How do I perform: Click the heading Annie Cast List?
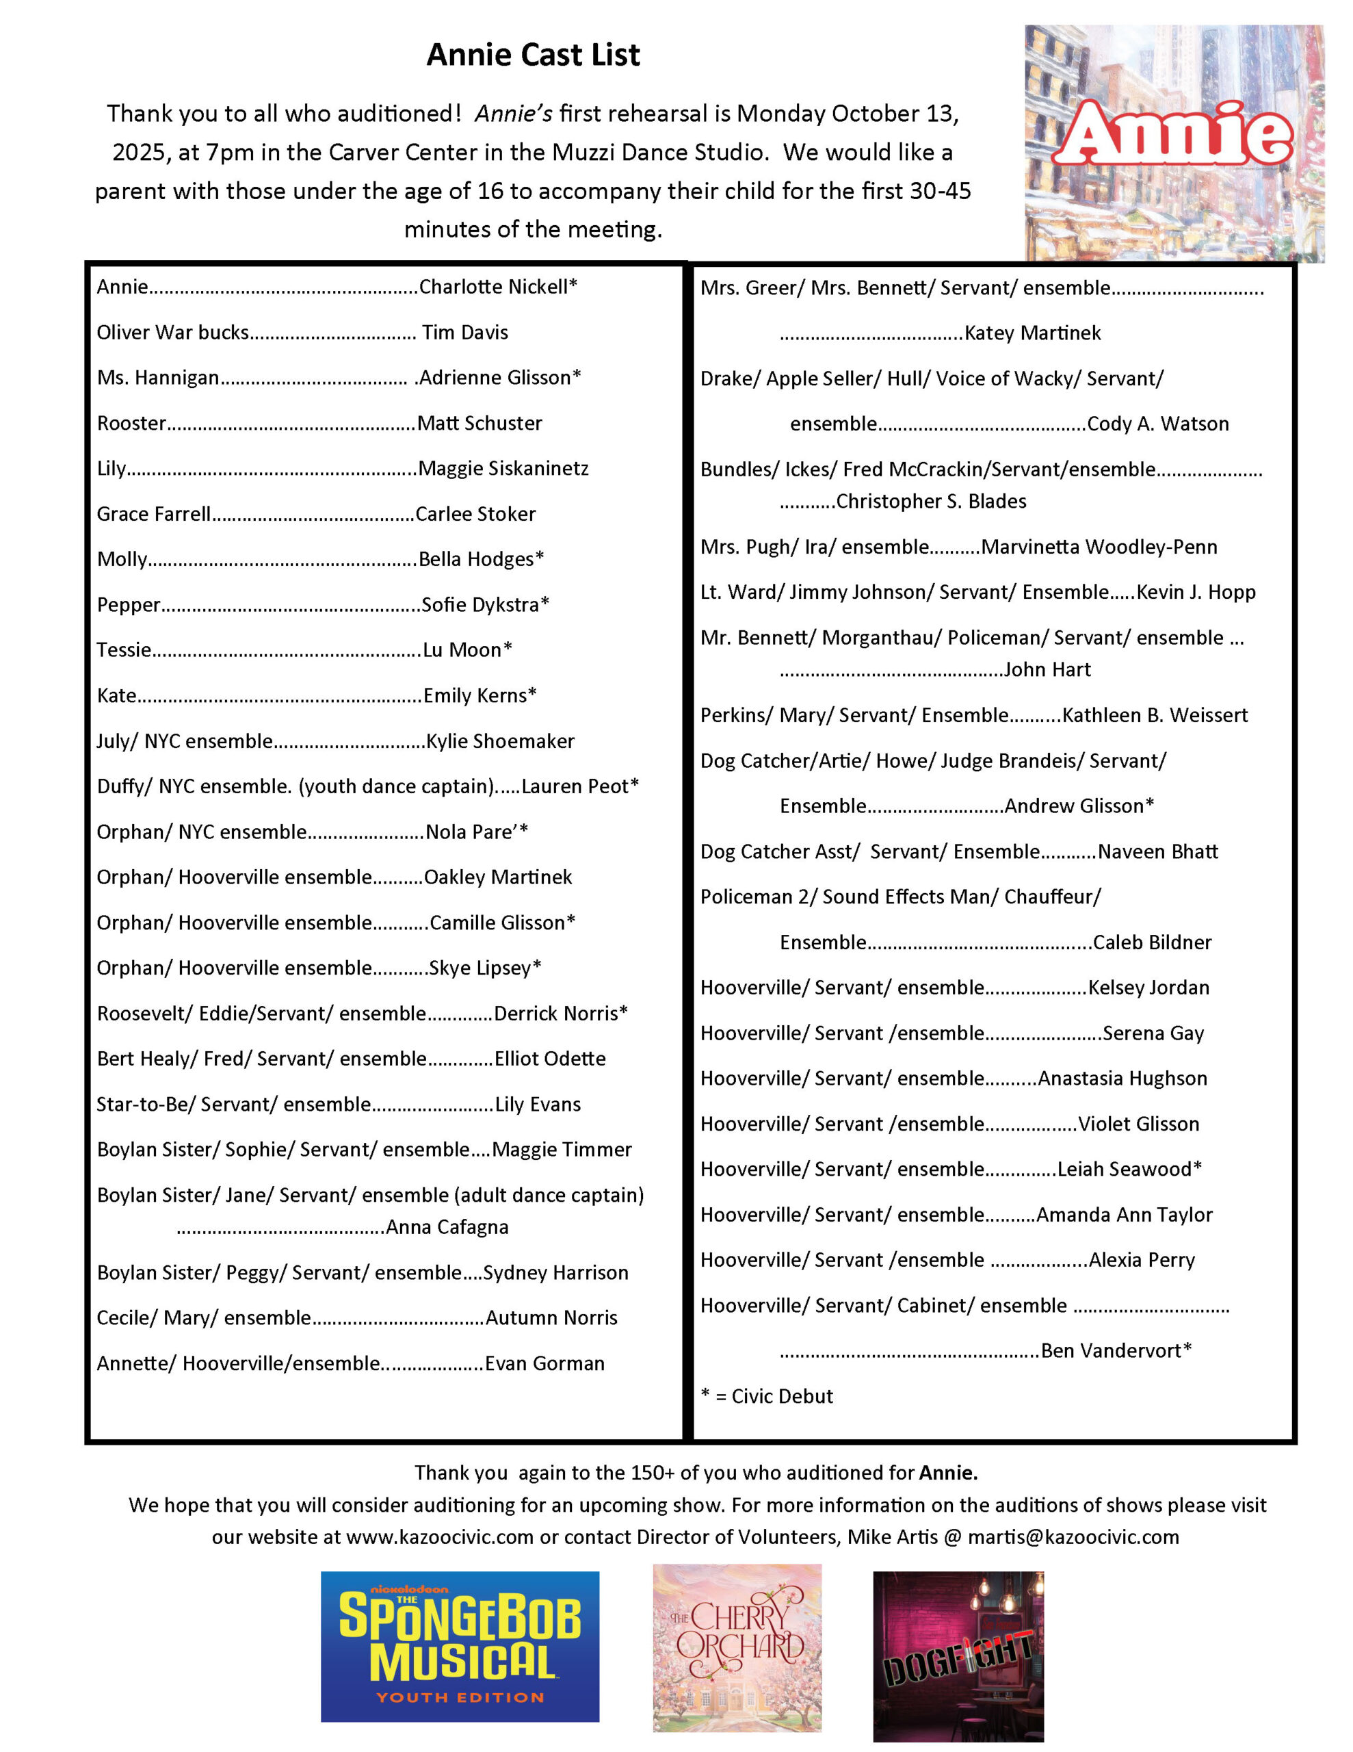click(x=534, y=55)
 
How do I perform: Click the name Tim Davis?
click(x=465, y=333)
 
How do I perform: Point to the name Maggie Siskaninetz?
click(x=503, y=469)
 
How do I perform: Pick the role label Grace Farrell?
click(x=154, y=514)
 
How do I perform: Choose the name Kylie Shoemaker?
click(x=501, y=741)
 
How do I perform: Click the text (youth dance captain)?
click(x=396, y=787)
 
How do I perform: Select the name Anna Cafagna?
click(x=447, y=1227)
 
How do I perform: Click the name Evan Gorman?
click(x=544, y=1364)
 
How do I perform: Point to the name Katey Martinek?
click(x=1033, y=333)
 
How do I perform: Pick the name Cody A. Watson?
click(x=1158, y=424)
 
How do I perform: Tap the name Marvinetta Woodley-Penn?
click(x=1099, y=547)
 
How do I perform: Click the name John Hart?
click(x=1047, y=670)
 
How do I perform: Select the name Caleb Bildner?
click(x=1153, y=942)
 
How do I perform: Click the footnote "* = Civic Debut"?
click(x=767, y=1397)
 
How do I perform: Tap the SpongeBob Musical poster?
click(x=460, y=1646)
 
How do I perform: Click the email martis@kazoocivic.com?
click(x=1073, y=1537)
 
